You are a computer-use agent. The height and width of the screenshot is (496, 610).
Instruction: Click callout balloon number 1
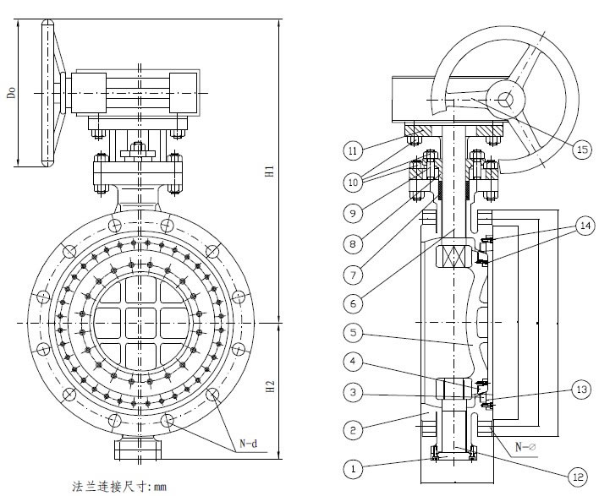[354, 465]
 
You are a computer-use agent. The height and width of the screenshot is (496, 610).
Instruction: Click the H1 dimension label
[268, 171]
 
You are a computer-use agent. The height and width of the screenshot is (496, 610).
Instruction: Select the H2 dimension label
[268, 388]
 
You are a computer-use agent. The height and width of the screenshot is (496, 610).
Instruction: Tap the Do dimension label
[12, 90]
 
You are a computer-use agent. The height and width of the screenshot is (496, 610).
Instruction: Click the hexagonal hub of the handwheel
[506, 100]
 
